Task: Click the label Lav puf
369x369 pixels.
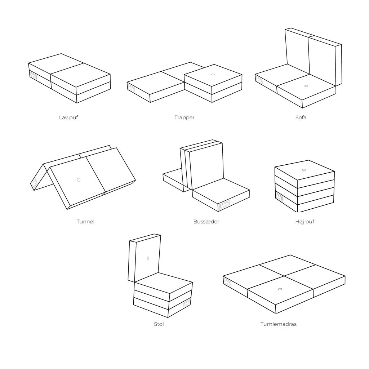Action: tap(68, 117)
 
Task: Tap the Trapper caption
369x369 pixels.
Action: tap(184, 117)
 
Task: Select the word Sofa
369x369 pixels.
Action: tap(301, 117)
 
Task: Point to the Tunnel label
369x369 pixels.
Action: tap(85, 222)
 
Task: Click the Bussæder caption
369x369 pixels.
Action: tap(206, 222)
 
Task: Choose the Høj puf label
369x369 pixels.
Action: tap(305, 222)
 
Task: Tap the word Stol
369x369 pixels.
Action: tap(159, 324)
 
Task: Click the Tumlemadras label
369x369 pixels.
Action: tap(279, 324)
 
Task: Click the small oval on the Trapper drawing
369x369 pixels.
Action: tap(213, 74)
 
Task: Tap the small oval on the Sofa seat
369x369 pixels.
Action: tap(306, 86)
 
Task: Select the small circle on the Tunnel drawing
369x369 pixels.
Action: tap(79, 180)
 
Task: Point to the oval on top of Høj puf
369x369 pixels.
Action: tap(304, 170)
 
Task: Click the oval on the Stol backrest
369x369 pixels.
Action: tap(148, 258)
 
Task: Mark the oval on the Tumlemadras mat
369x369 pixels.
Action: tap(280, 289)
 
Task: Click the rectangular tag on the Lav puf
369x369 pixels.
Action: tap(33, 76)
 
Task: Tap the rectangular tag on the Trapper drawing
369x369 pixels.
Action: tap(131, 87)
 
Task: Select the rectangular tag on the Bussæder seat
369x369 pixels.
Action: tap(224, 205)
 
